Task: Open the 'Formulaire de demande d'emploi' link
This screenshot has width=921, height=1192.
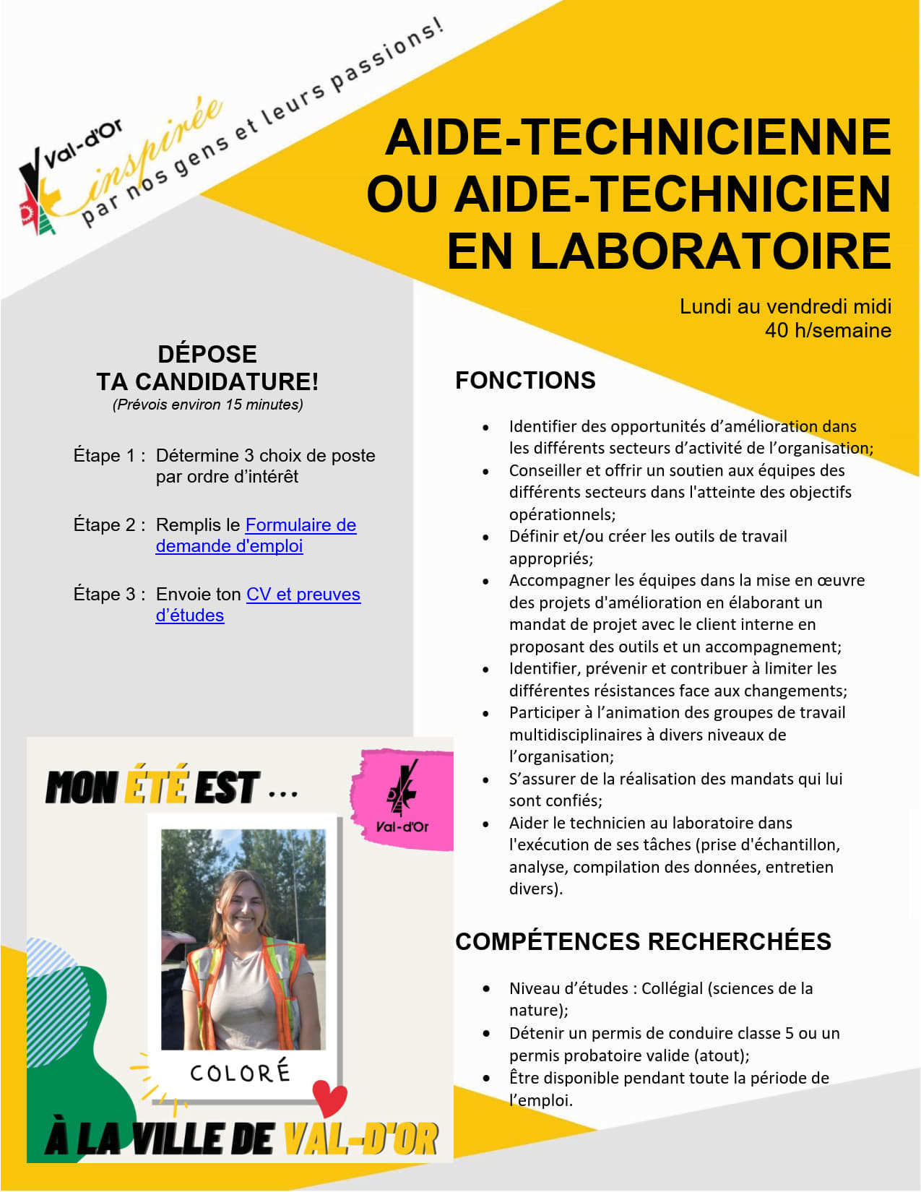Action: [300, 525]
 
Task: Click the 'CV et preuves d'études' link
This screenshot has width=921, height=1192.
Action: [303, 595]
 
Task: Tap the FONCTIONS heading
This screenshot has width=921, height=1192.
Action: [525, 381]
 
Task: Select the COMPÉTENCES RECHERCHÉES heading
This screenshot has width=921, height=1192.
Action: [643, 941]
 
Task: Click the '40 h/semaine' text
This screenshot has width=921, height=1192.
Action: [828, 331]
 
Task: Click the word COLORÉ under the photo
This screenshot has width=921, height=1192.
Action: [240, 1073]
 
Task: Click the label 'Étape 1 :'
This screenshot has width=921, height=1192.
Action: [109, 456]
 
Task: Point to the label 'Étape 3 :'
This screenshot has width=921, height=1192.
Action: [109, 595]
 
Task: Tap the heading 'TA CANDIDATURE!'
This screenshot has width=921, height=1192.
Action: [207, 381]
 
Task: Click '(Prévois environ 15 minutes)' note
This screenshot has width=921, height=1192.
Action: [207, 405]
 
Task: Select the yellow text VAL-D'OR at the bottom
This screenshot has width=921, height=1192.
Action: [360, 1139]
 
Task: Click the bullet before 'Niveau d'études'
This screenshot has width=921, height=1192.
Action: [487, 989]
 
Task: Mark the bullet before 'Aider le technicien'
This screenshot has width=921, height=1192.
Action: [486, 824]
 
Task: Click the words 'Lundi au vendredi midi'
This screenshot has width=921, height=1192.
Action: [785, 307]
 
